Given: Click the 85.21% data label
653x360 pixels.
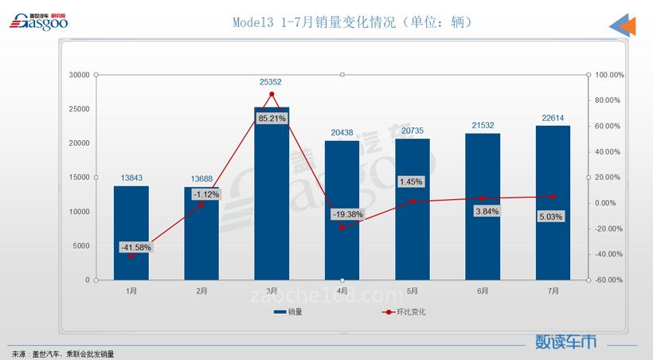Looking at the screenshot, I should (272, 119).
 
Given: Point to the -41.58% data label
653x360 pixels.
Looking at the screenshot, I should (135, 247).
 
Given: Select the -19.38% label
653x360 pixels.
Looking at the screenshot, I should (347, 214).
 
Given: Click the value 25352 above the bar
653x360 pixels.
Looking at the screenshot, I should (272, 82).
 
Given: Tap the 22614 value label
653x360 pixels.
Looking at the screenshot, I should (553, 118).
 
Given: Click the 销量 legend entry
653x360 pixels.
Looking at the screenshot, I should (287, 312).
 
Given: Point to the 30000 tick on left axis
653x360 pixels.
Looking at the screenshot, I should (78, 75).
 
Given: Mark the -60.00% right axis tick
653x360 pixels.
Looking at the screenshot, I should (610, 280).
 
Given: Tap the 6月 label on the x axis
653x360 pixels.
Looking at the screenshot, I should (483, 292).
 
